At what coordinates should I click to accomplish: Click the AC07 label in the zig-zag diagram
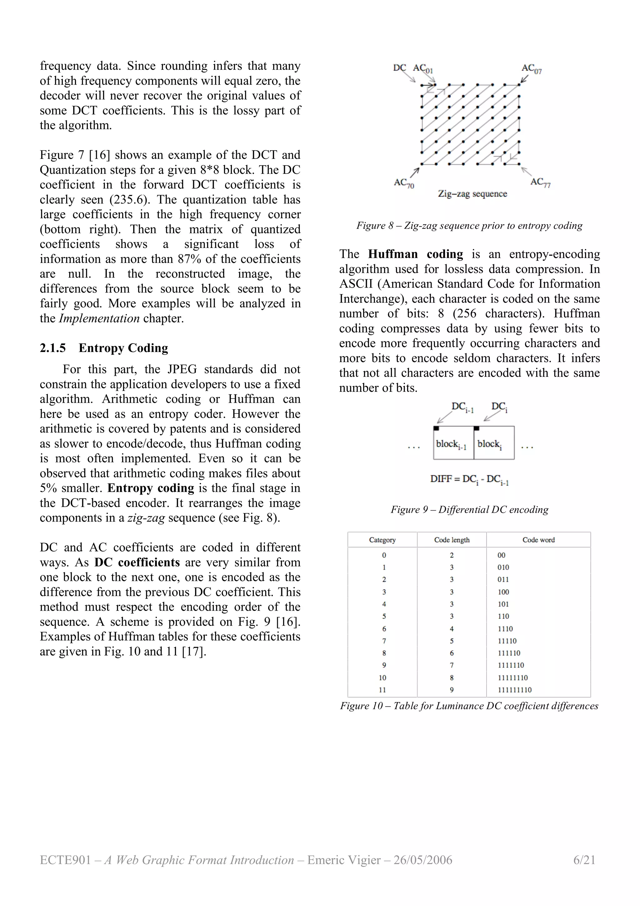point(531,69)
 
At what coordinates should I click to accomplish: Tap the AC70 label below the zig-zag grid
point(404,183)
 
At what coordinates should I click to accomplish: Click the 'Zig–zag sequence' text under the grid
point(472,194)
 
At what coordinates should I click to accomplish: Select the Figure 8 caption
point(469,225)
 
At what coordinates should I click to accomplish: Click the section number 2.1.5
point(53,348)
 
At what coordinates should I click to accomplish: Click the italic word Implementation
point(99,319)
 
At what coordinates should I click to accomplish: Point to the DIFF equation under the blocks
point(469,480)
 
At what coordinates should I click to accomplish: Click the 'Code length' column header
point(452,540)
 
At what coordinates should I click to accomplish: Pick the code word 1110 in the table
point(505,629)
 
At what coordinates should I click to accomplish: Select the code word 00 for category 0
point(501,555)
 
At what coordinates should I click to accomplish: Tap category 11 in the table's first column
point(382,690)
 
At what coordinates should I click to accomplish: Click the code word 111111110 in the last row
point(515,690)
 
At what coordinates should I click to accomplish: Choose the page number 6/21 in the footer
point(584,860)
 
